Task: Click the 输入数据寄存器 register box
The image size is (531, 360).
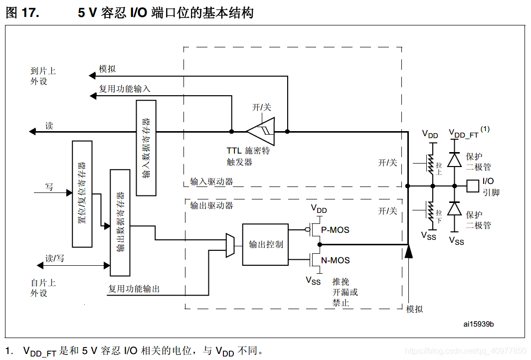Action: pos(146,148)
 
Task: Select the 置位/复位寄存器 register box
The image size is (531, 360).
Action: pos(82,194)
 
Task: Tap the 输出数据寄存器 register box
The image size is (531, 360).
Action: pos(120,222)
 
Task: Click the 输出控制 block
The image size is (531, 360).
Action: pos(266,244)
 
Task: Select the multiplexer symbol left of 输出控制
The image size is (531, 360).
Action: pos(230,245)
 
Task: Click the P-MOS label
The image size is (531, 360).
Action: pos(335,230)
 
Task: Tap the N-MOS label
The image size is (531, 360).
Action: pos(335,260)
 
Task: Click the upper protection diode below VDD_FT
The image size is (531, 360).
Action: pos(454,160)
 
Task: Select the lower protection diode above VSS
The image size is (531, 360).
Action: pos(454,208)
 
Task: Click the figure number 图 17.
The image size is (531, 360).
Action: pos(22,13)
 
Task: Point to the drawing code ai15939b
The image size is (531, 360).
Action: pos(478,324)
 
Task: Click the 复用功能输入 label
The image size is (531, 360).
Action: pos(124,89)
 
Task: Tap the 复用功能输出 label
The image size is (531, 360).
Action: pos(134,289)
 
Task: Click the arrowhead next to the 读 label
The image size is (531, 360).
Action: pos(32,132)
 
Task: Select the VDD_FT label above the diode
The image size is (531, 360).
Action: pos(464,135)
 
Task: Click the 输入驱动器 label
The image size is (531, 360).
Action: pos(211,181)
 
